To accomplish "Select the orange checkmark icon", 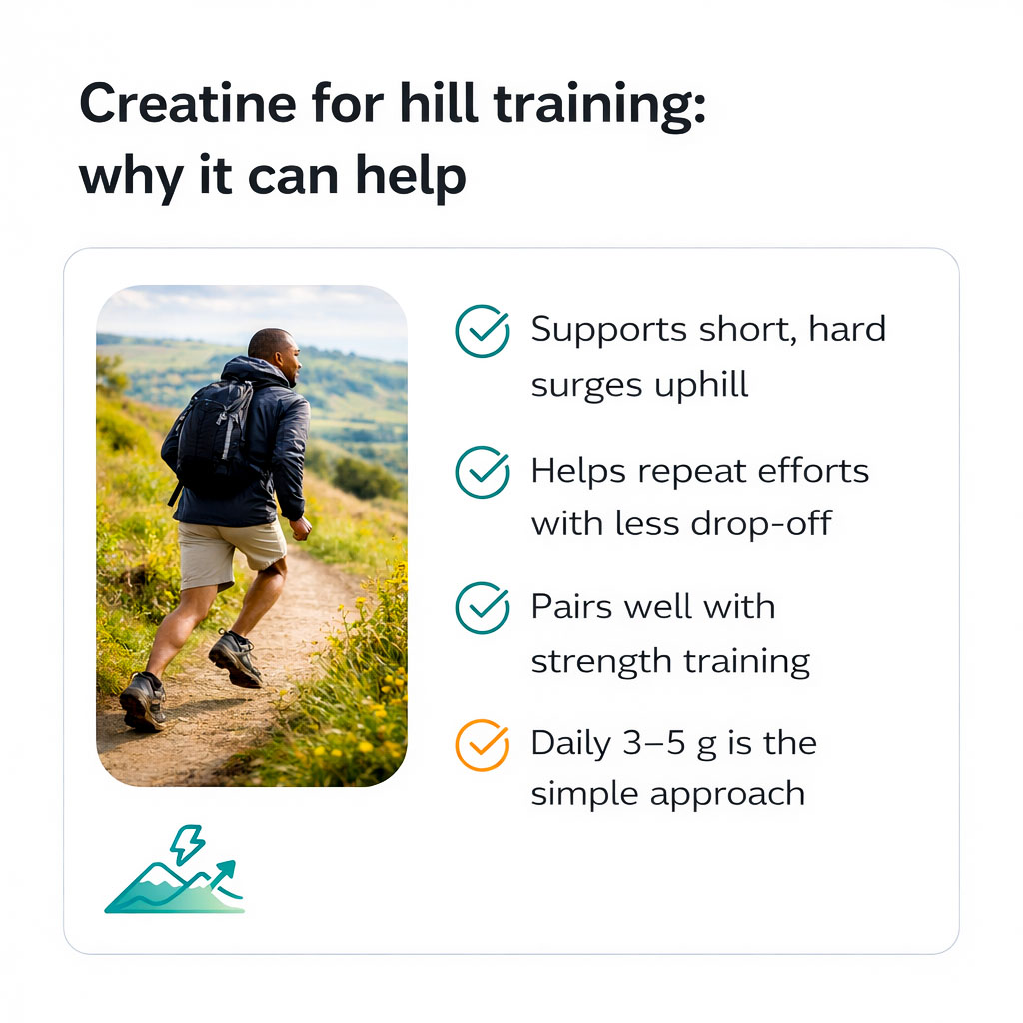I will (x=482, y=745).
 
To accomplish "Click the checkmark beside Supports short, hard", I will (x=482, y=332).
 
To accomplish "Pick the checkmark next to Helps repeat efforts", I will (x=482, y=471).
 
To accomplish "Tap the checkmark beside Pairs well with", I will (x=482, y=608).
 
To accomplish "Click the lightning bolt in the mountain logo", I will (x=187, y=844).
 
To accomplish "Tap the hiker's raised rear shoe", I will (x=142, y=702).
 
